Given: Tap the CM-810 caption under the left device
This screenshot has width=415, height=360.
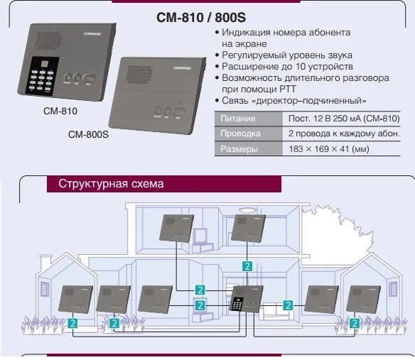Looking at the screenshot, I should [60, 111].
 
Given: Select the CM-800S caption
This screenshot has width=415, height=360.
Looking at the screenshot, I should [87, 133].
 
